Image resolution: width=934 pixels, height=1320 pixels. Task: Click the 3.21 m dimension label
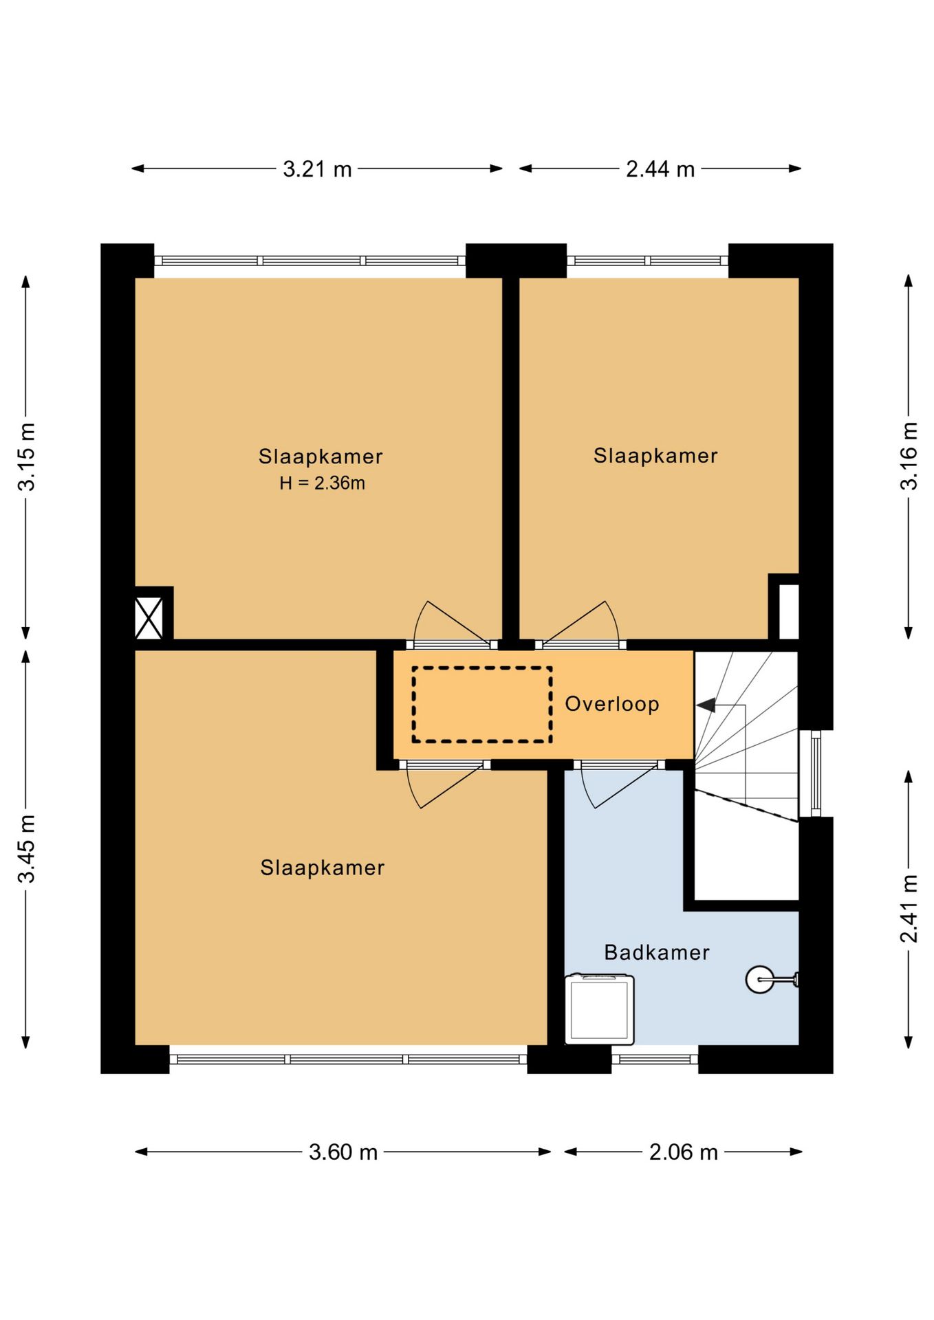[317, 169]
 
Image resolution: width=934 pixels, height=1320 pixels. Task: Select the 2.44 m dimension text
[660, 169]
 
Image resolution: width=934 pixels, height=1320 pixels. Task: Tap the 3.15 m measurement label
[26, 456]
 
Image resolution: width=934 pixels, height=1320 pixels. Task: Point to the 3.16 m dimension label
[909, 456]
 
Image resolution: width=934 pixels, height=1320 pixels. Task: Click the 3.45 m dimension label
[26, 848]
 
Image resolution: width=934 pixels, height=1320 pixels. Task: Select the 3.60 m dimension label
[343, 1152]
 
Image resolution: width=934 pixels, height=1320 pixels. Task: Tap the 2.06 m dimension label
[684, 1152]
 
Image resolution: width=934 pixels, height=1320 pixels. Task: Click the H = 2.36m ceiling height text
[322, 483]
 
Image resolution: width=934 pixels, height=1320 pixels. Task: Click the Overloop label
[612, 704]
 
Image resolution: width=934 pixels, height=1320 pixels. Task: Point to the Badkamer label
[657, 952]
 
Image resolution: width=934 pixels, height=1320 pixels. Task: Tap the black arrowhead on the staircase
[706, 705]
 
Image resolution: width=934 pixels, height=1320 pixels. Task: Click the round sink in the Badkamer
[760, 979]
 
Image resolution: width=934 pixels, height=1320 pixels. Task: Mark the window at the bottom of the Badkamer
[655, 1059]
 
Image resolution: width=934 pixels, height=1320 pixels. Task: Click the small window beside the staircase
[816, 773]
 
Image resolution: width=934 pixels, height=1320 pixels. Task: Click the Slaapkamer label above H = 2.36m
[321, 456]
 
